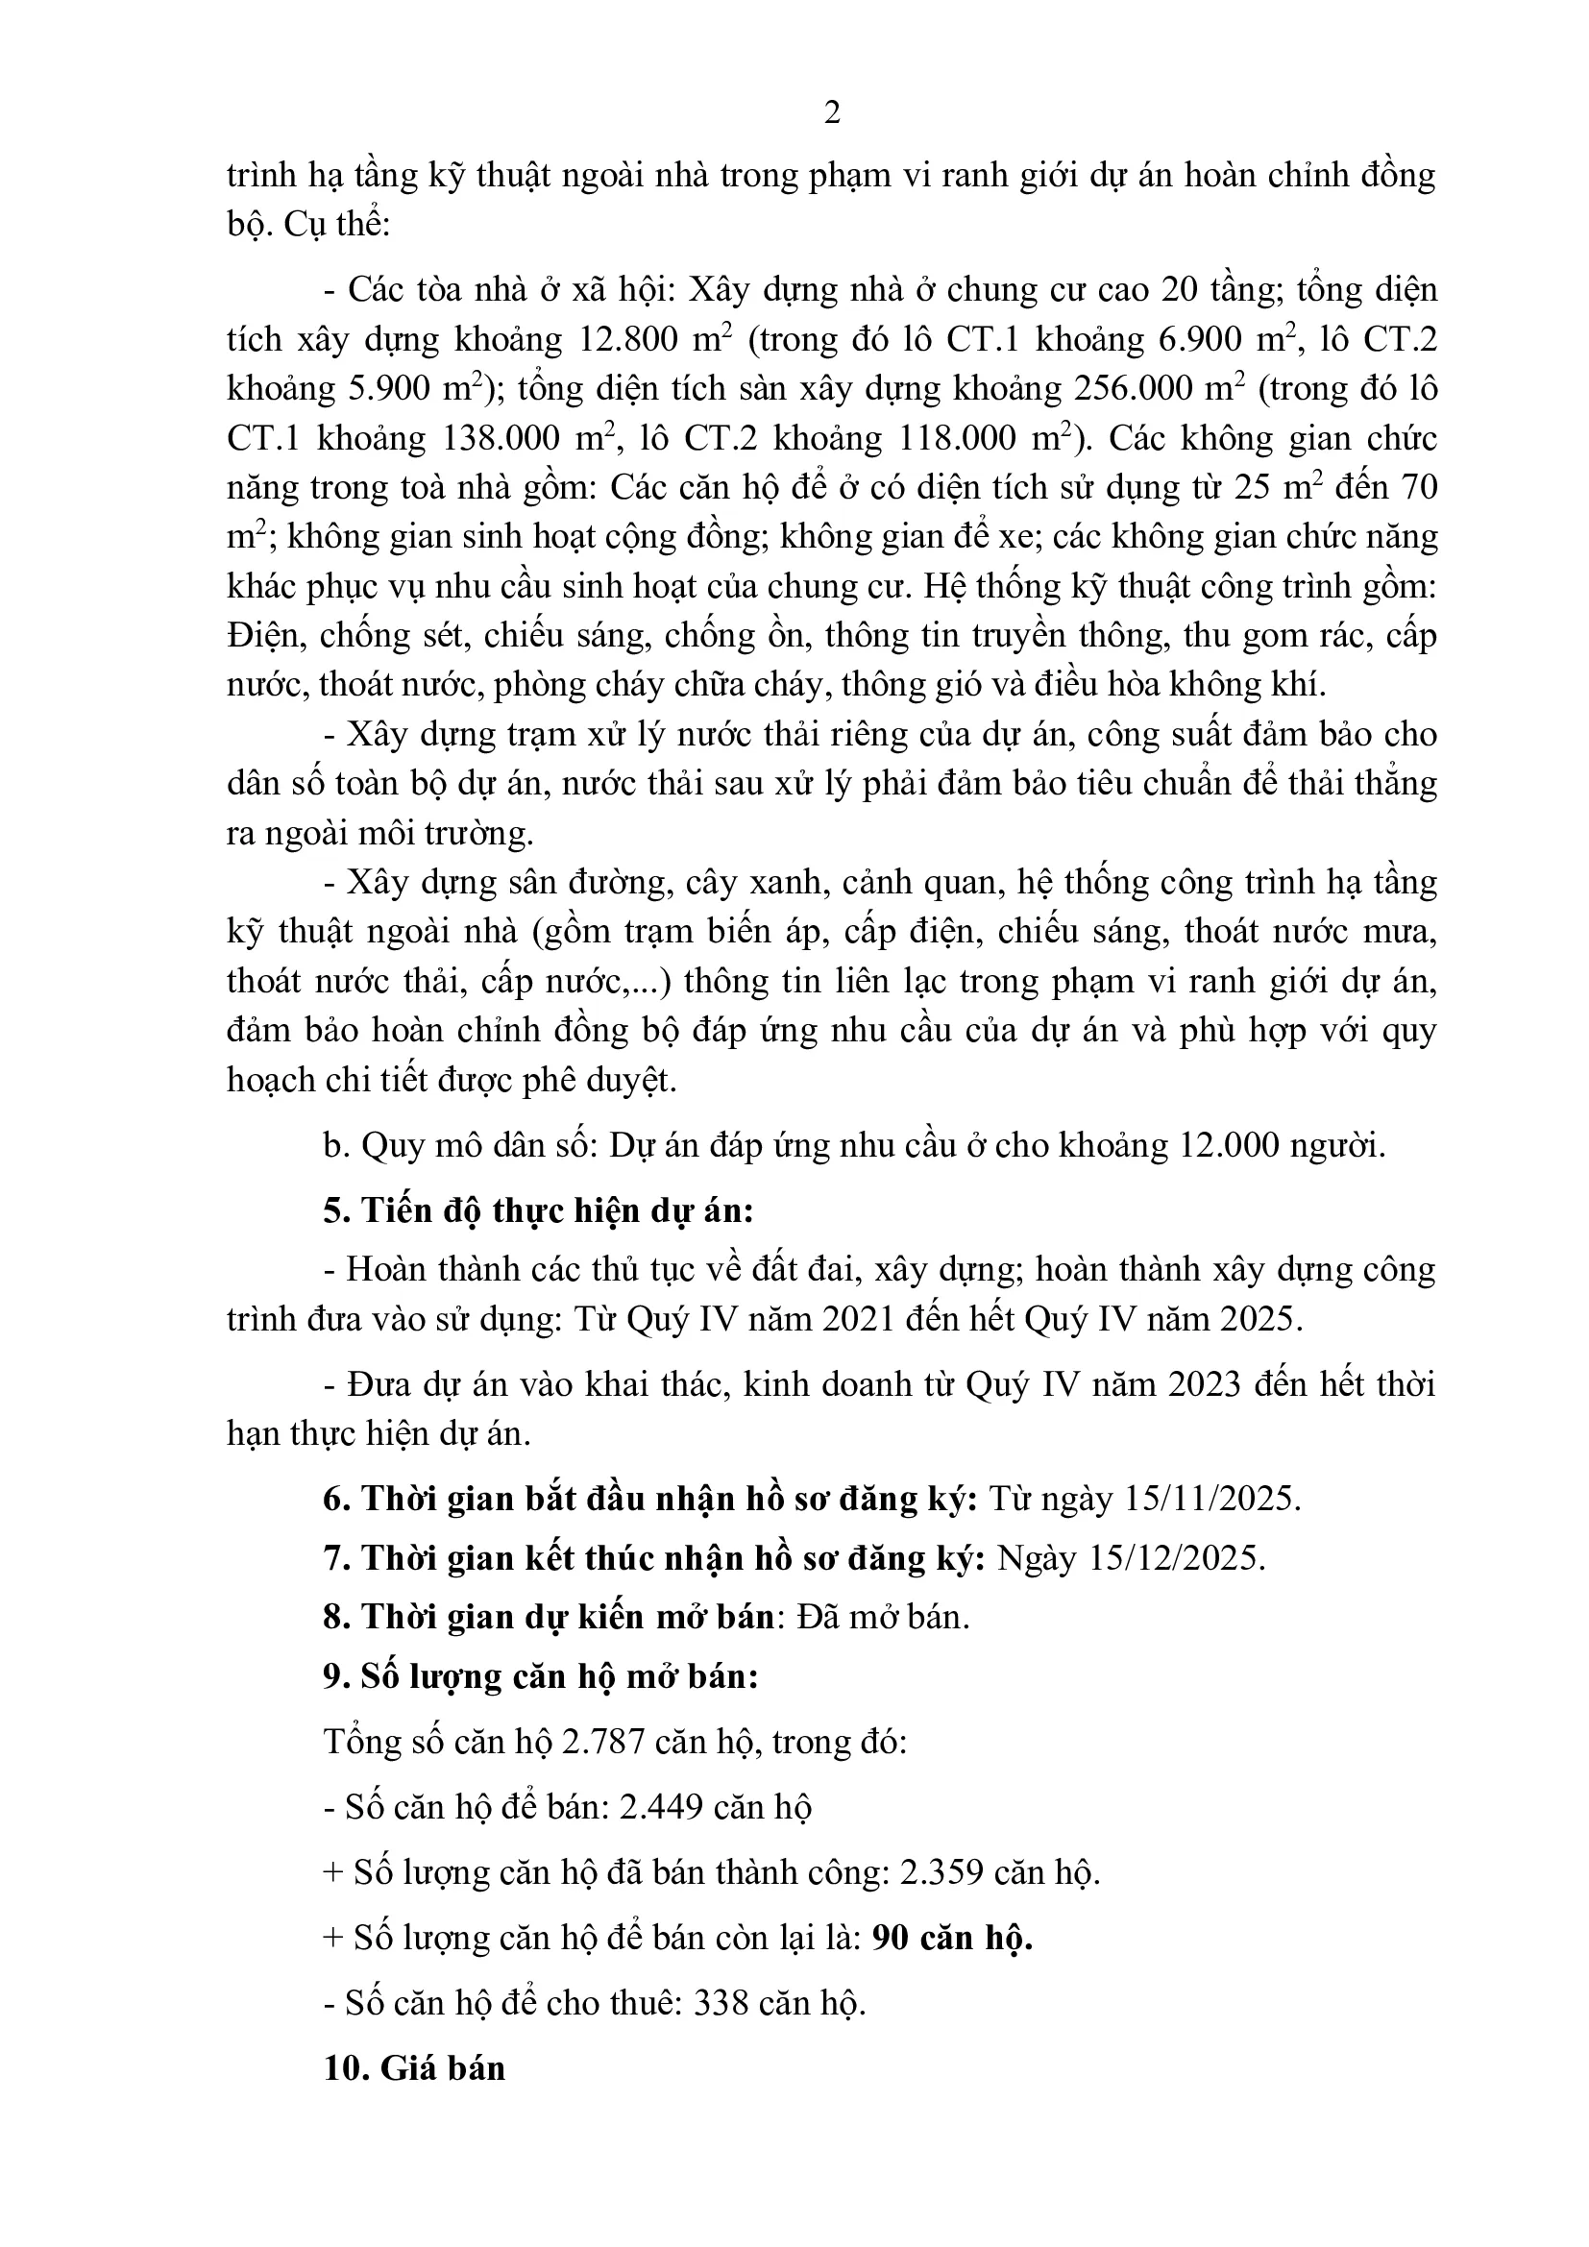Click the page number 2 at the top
tap(832, 113)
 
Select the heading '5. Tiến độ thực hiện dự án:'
tap(538, 1210)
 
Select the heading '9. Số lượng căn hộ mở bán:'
tap(541, 1676)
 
